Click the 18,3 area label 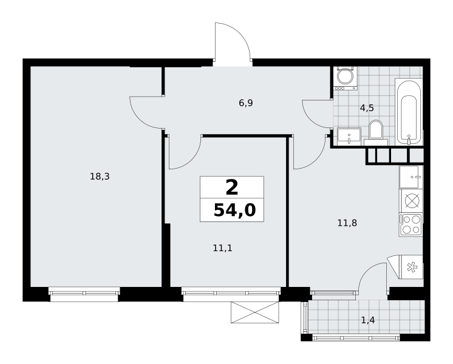pyautogui.click(x=100, y=177)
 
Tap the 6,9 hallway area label pyautogui.click(x=246, y=103)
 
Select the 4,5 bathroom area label pyautogui.click(x=367, y=108)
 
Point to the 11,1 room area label pyautogui.click(x=222, y=248)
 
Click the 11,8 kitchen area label pyautogui.click(x=347, y=223)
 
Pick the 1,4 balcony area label pyautogui.click(x=368, y=320)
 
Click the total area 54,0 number pyautogui.click(x=234, y=210)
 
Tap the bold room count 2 pyautogui.click(x=232, y=187)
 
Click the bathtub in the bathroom pyautogui.click(x=409, y=112)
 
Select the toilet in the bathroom pyautogui.click(x=376, y=132)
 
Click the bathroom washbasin pyautogui.click(x=349, y=136)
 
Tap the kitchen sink pyautogui.click(x=411, y=177)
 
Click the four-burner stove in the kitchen pyautogui.click(x=410, y=225)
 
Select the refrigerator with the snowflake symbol pyautogui.click(x=410, y=267)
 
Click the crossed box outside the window pyautogui.click(x=255, y=312)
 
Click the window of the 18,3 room pyautogui.click(x=84, y=293)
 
